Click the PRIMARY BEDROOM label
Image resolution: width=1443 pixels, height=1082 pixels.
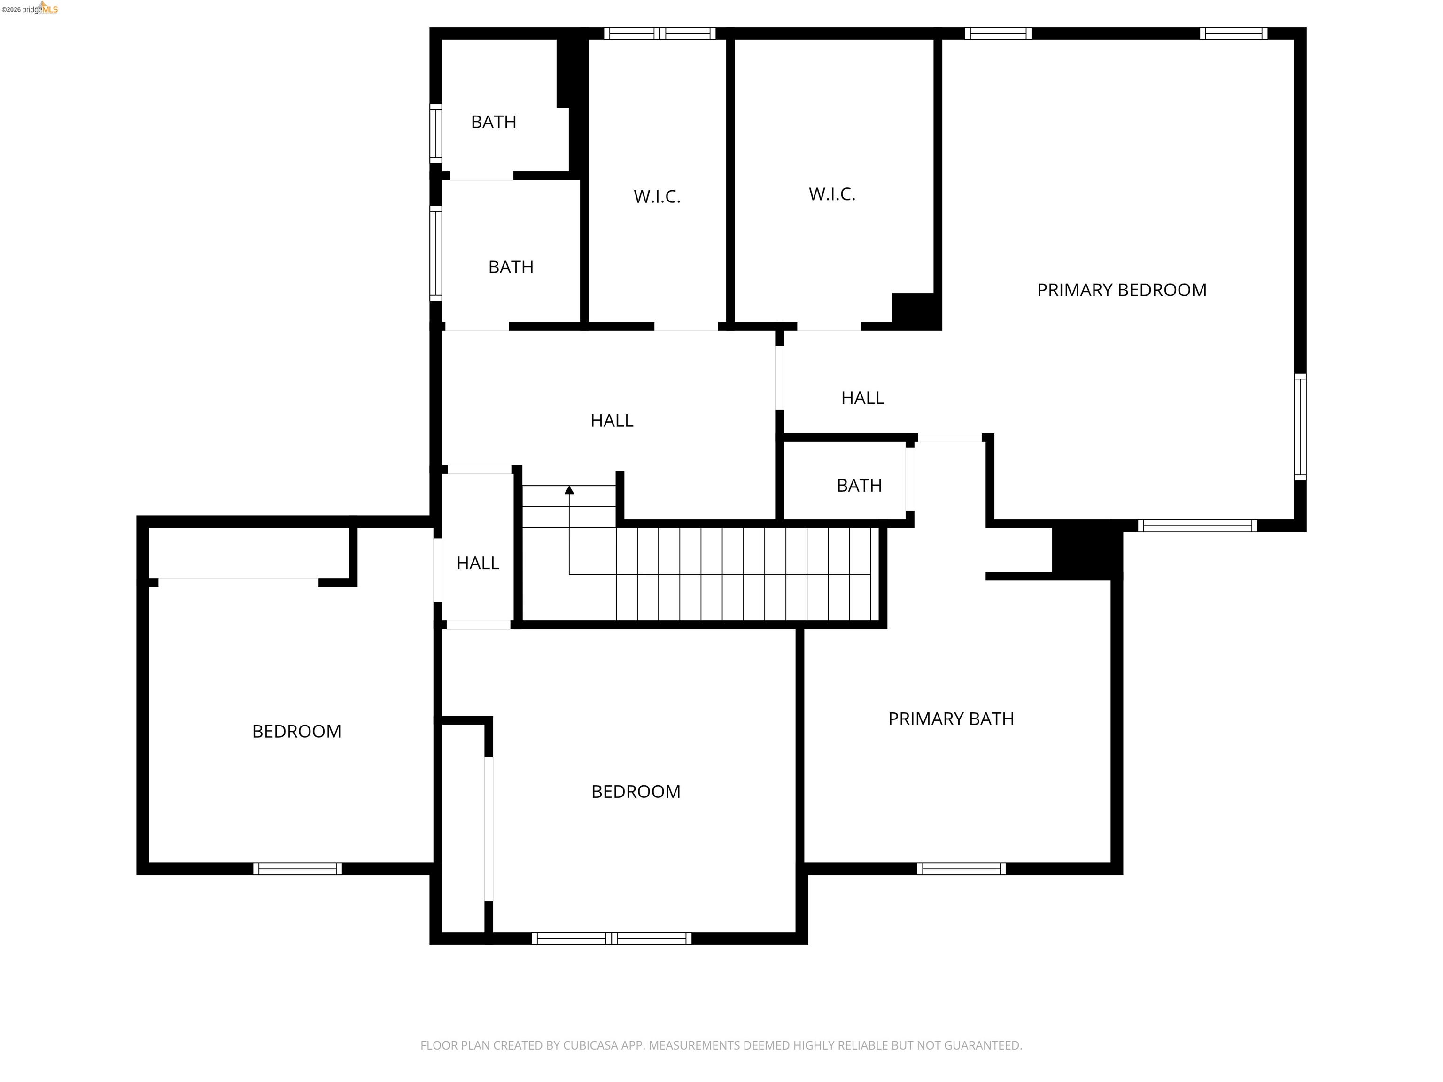[x=1121, y=290]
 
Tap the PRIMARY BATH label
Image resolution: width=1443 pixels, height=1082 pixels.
[x=950, y=719]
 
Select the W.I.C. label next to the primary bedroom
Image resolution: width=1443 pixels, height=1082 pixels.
[x=832, y=194]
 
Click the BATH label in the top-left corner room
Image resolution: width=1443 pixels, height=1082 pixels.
[x=493, y=122]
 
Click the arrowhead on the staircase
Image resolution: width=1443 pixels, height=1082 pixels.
[x=569, y=490]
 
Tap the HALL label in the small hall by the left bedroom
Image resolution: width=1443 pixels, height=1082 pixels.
[x=478, y=563]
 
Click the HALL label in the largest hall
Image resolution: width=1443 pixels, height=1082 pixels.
[x=611, y=421]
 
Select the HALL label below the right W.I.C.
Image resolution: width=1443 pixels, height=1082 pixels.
[x=862, y=398]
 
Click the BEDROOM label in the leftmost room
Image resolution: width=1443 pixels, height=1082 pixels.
[x=296, y=731]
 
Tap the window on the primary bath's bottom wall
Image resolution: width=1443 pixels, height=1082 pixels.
[x=961, y=868]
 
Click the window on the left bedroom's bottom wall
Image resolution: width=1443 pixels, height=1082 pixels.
[x=297, y=868]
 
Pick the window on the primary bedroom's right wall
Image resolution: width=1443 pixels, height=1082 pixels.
[x=1299, y=427]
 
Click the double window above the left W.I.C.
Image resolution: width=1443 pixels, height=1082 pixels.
[x=659, y=33]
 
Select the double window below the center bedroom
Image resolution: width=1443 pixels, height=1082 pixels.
[x=611, y=938]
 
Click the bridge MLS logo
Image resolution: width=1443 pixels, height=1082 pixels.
[x=39, y=9]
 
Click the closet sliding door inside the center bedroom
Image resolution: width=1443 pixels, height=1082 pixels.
[x=489, y=828]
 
